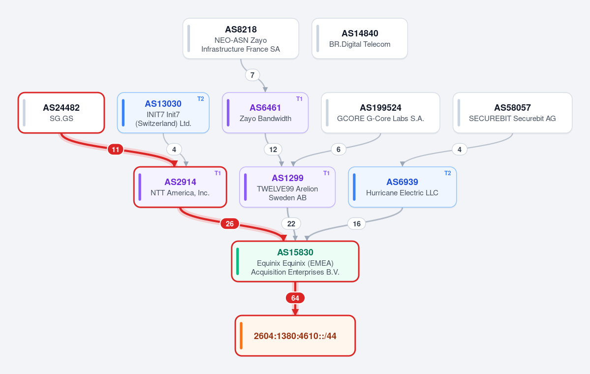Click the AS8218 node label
241,30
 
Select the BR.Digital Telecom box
360,38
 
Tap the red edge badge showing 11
116,150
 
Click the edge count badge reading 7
252,75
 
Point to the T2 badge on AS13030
201,98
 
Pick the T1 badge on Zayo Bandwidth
300,98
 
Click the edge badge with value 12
273,150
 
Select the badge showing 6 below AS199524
338,150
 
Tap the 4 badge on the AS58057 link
460,150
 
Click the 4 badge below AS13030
174,150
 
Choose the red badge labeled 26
229,223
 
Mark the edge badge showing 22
291,223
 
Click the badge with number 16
357,223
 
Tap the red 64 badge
295,298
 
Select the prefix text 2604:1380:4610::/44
295,336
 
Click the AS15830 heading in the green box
295,252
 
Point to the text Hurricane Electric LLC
402,192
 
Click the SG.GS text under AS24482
62,118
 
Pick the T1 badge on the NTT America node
218,173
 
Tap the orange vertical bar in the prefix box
241,336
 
